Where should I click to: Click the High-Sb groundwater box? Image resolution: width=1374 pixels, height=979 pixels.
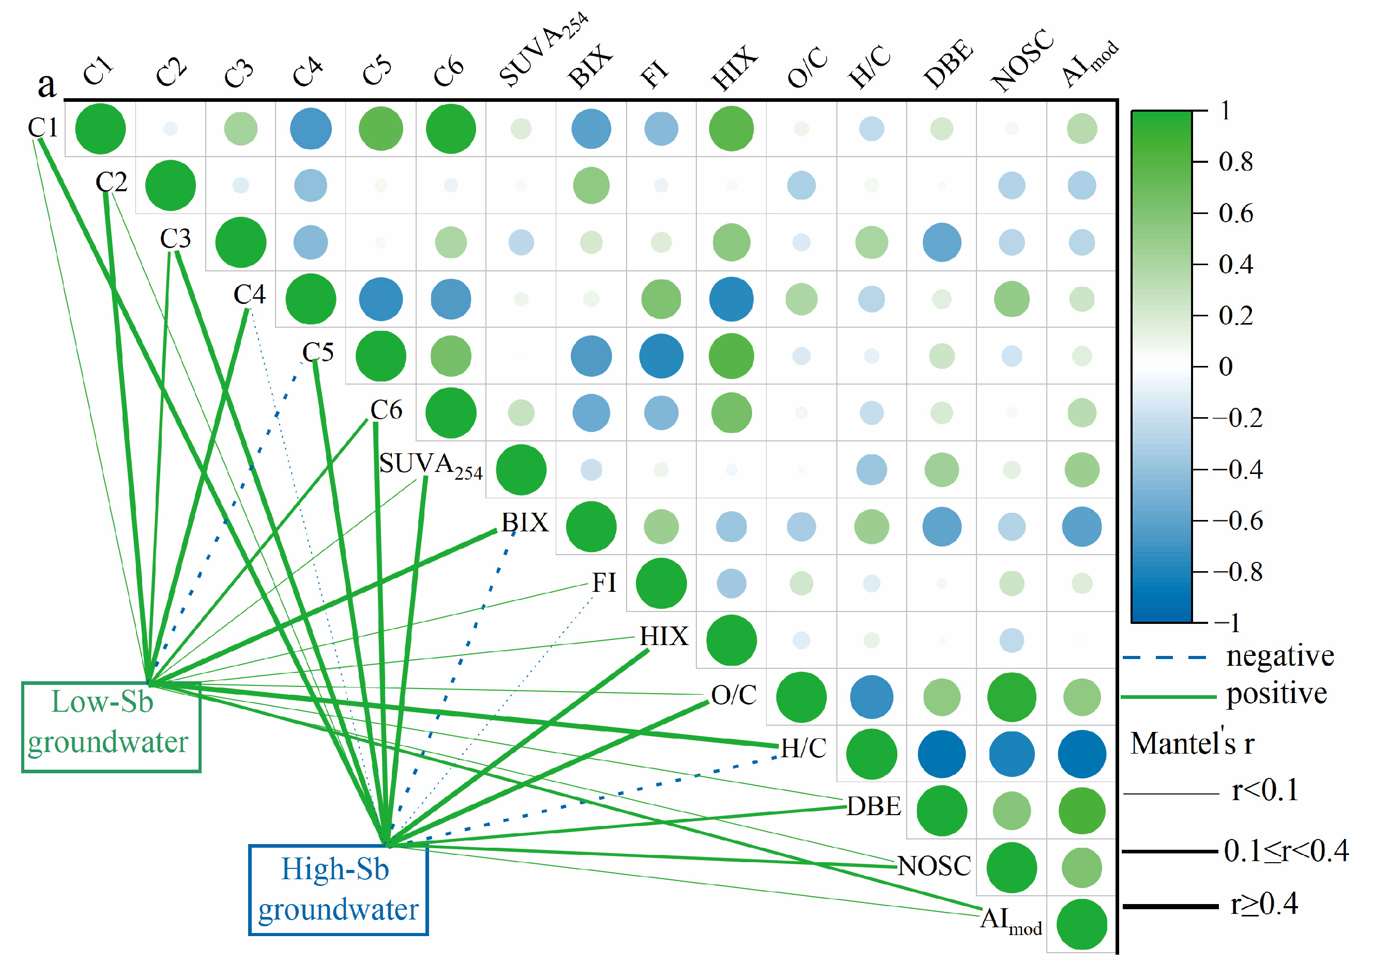338,889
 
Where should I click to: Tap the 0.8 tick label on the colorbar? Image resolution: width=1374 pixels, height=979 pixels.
1235,162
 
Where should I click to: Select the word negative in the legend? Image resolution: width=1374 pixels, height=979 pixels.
1279,656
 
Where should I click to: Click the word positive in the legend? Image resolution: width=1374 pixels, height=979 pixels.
1276,694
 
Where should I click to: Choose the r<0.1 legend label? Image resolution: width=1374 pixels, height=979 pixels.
1265,790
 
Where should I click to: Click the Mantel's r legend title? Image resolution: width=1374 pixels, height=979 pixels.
1192,743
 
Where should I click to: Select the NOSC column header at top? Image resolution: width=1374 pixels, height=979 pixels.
1022,60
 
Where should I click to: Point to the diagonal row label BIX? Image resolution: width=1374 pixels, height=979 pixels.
525,523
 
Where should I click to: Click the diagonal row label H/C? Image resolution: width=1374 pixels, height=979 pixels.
804,748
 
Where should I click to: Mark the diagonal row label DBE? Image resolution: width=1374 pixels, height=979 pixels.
874,806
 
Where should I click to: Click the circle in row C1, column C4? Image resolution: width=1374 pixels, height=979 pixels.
311,128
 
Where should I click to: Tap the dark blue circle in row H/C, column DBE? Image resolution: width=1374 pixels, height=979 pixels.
941,754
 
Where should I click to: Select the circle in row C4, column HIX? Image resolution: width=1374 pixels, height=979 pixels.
731,299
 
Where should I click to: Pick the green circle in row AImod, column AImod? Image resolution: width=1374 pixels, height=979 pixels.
1081,924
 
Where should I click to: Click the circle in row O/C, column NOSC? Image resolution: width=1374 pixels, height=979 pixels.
1012,697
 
